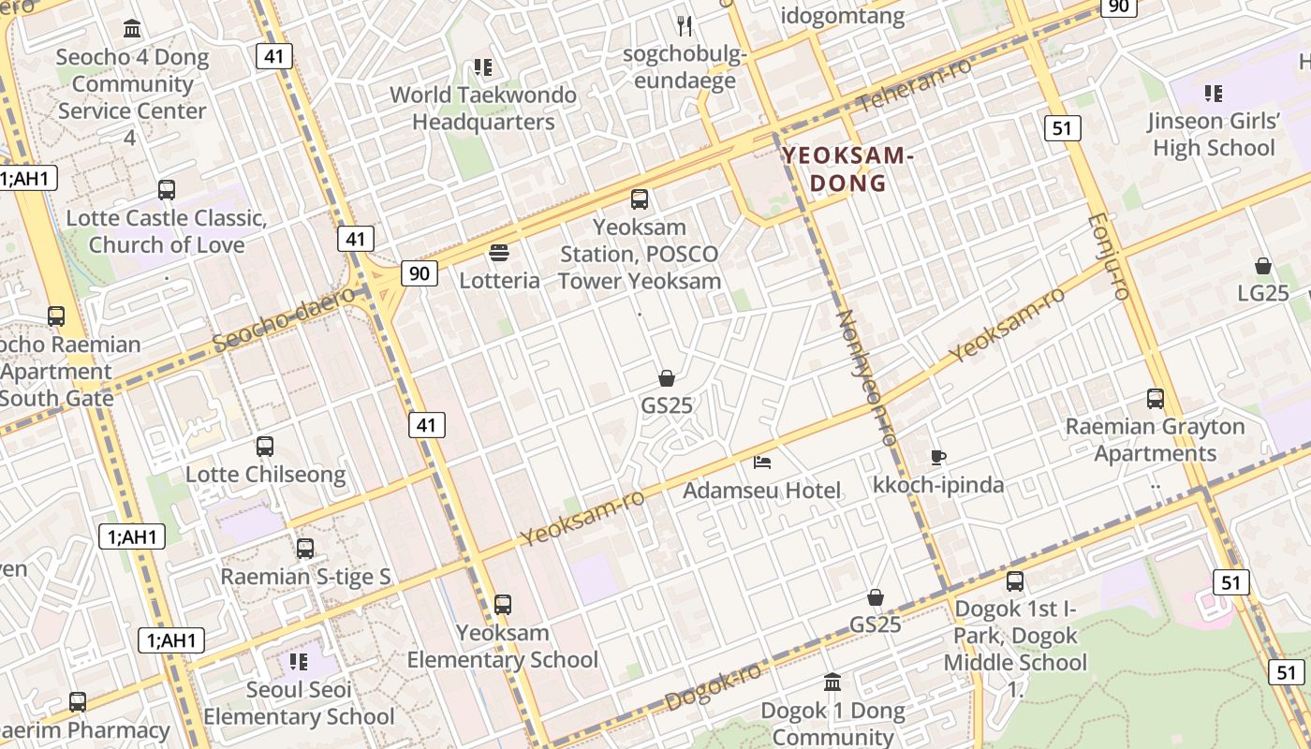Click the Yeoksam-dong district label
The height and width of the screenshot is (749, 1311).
tap(847, 169)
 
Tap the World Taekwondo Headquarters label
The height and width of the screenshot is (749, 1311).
tap(483, 109)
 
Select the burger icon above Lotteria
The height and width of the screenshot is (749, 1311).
tap(499, 252)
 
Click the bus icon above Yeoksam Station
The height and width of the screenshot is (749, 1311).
tap(640, 198)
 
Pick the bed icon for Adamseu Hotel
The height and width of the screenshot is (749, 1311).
tap(762, 463)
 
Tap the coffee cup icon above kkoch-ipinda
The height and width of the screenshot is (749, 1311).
tap(938, 457)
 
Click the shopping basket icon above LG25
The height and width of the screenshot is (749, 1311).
tap(1263, 266)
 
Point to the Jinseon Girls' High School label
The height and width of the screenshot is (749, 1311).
tap(1214, 135)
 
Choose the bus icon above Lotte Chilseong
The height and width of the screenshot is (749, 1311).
tap(265, 447)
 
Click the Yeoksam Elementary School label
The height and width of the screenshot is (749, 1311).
tap(502, 646)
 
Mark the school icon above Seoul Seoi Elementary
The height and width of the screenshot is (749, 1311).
tap(299, 662)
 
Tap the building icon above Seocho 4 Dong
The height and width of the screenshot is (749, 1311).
tap(132, 28)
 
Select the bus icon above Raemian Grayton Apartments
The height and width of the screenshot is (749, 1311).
tap(1156, 399)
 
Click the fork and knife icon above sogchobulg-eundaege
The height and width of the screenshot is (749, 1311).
tap(685, 25)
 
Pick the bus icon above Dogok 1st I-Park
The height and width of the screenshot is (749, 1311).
tap(1015, 581)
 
